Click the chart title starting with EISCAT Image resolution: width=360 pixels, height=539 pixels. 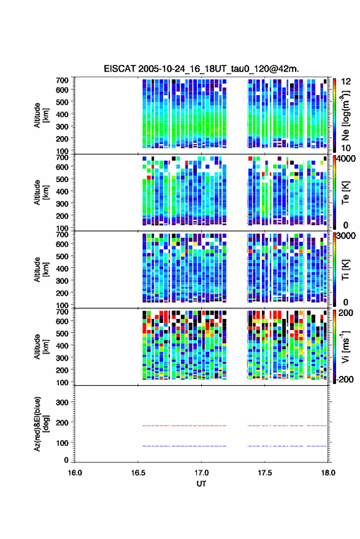[x=202, y=69]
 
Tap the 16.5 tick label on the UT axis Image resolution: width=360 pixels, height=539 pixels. [x=138, y=473]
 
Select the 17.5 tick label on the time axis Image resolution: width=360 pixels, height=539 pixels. [x=264, y=473]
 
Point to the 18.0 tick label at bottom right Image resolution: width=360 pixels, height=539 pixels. [x=328, y=473]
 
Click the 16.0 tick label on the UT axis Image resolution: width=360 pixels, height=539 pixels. [x=75, y=473]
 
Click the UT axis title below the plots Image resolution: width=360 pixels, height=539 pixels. [x=201, y=484]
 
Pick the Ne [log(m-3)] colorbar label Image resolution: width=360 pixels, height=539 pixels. [x=345, y=115]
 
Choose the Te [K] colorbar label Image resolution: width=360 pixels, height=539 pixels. [x=345, y=193]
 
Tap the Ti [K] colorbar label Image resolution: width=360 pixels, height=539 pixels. [x=345, y=270]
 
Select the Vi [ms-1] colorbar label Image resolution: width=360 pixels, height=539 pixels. [x=345, y=347]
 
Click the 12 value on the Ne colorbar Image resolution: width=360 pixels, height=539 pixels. [x=346, y=82]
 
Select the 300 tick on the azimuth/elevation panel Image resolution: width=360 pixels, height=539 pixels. [x=62, y=402]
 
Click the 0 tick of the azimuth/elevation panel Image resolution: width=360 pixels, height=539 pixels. [x=66, y=460]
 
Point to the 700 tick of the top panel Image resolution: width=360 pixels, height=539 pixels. [x=62, y=80]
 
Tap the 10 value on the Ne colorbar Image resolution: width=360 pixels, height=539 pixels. [x=346, y=148]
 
